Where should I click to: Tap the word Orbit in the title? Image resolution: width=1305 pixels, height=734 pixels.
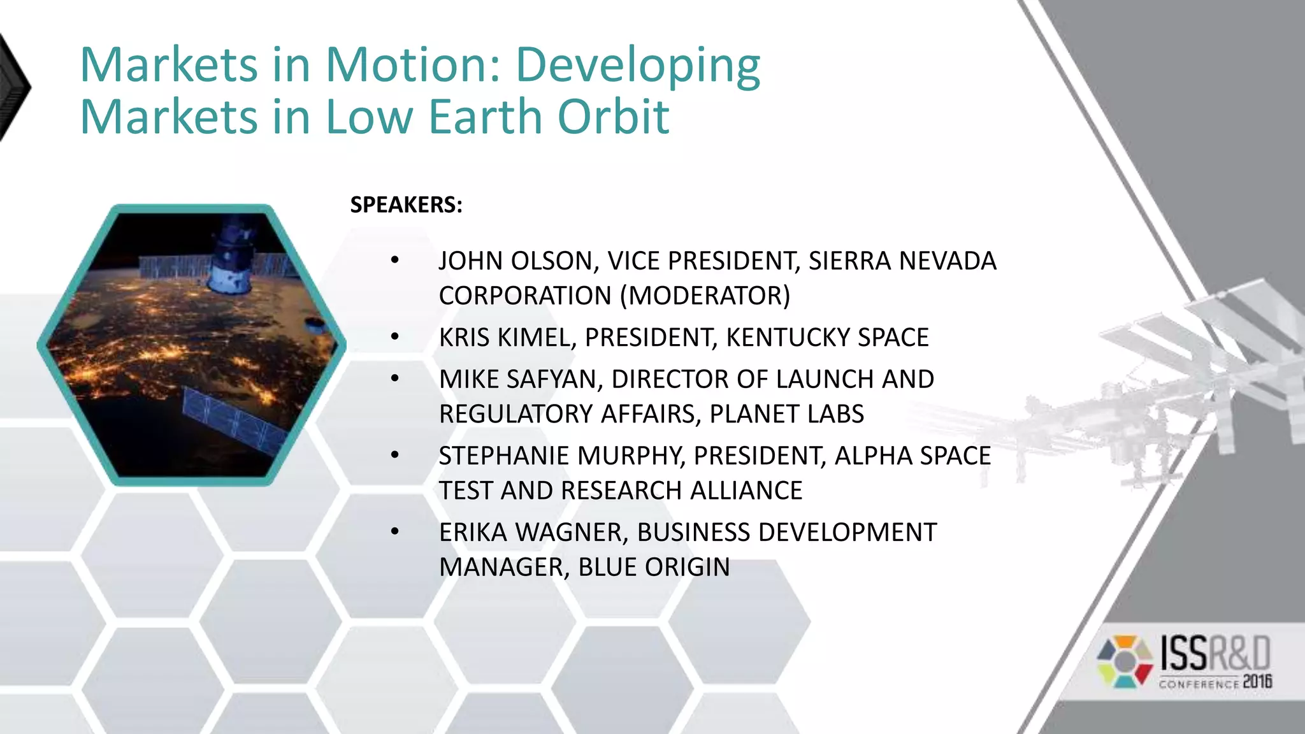point(612,117)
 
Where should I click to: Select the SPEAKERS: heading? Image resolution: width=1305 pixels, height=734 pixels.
point(406,205)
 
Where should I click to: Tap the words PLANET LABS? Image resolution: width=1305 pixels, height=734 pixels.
point(786,415)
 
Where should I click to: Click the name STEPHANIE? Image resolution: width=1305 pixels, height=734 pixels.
point(503,456)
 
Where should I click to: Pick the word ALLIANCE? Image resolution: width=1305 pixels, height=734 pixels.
point(746,491)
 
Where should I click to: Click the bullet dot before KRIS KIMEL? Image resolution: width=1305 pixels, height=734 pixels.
point(395,336)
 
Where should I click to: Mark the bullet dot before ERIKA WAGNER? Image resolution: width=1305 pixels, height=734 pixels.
point(395,531)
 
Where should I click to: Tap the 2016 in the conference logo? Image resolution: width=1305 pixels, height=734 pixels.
point(1257,682)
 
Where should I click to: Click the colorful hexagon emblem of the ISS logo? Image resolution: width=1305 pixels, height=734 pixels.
point(1125,661)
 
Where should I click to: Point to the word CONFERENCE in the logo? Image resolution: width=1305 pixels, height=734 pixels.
point(1199,684)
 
